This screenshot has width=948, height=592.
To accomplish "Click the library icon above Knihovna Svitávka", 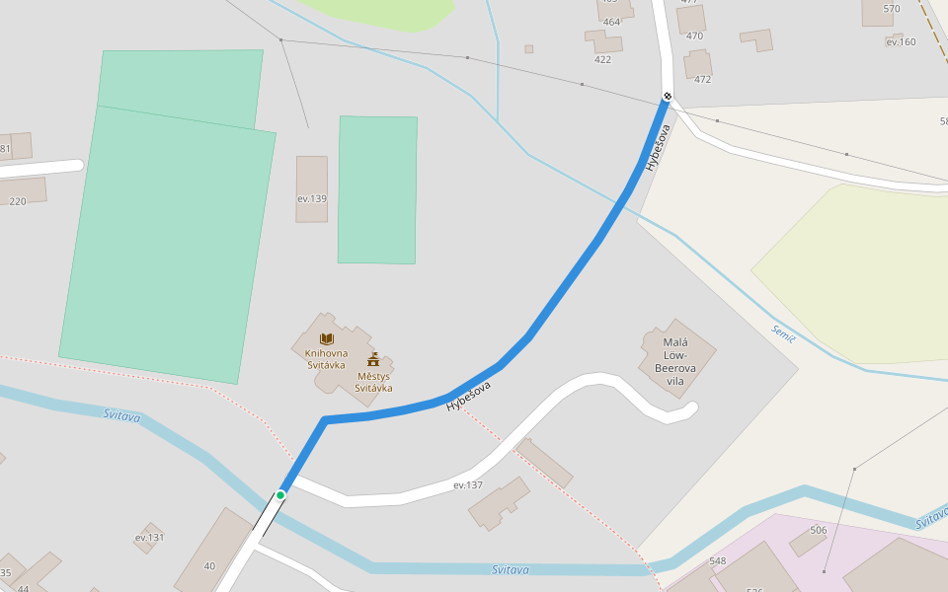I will [326, 338].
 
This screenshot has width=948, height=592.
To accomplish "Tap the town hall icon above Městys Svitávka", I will [373, 359].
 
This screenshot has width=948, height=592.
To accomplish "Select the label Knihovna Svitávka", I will [326, 358].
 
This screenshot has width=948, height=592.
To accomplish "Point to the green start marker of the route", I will [280, 494].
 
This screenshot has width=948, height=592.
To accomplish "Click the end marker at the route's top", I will [668, 96].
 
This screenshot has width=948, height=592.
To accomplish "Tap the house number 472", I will [702, 80].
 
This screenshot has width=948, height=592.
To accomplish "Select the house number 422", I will [602, 59].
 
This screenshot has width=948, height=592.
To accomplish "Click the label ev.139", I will [311, 198].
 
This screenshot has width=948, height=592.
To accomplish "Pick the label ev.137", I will [468, 485].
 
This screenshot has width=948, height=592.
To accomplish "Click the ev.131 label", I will [150, 538].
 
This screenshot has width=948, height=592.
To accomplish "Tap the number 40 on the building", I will [209, 566].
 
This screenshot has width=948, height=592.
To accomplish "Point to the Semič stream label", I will [783, 333].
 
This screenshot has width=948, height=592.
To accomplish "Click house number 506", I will [818, 530].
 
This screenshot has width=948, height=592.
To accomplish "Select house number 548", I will [717, 561].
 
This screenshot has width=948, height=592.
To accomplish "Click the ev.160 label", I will [901, 41].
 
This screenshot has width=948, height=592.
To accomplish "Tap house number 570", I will [892, 9].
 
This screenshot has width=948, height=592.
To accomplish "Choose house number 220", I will [18, 201].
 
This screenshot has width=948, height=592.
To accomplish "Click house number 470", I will [694, 36].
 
